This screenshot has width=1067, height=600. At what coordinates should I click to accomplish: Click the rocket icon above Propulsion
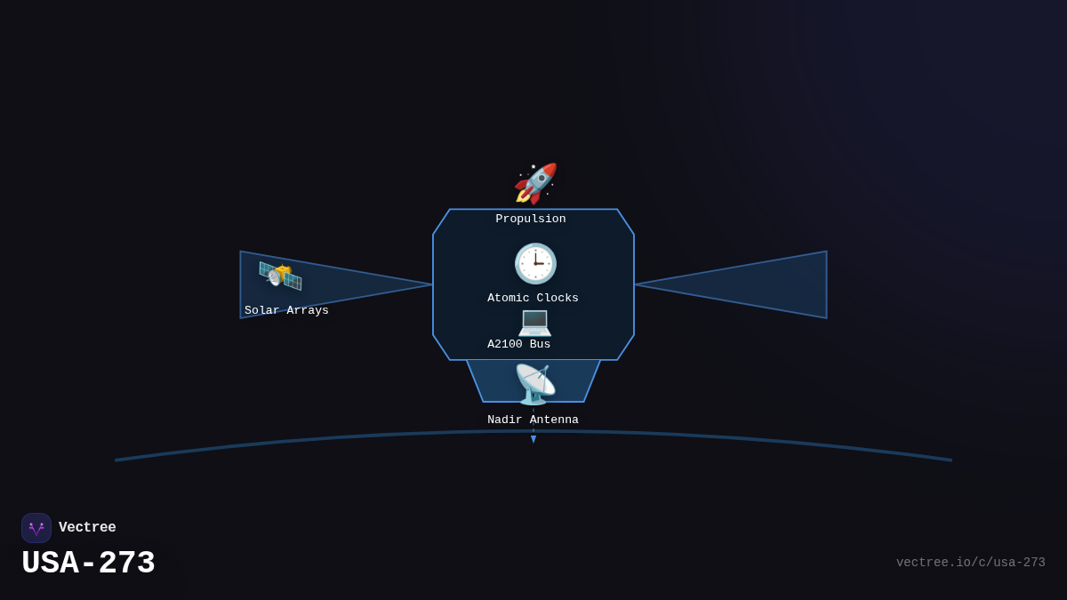pyautogui.click(x=535, y=183)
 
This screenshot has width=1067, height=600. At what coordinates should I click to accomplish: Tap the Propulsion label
pyautogui.click(x=531, y=220)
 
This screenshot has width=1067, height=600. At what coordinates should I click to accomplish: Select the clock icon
pyautogui.click(x=535, y=263)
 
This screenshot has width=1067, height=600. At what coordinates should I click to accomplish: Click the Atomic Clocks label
pyautogui.click(x=533, y=299)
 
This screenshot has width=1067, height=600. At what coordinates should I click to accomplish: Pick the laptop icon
pyautogui.click(x=534, y=321)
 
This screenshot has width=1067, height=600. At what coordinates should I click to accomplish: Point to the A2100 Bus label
pyautogui.click(x=518, y=345)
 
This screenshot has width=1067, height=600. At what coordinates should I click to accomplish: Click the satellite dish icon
pyautogui.click(x=535, y=384)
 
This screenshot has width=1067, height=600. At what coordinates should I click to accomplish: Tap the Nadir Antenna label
pyautogui.click(x=533, y=420)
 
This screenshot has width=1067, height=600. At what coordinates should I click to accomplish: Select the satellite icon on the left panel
pyautogui.click(x=280, y=276)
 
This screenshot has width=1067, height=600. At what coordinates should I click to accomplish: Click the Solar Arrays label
pyautogui.click(x=286, y=311)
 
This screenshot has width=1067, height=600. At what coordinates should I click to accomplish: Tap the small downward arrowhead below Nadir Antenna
pyautogui.click(x=533, y=439)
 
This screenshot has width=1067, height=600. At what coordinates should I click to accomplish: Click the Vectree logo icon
pyautogui.click(x=36, y=528)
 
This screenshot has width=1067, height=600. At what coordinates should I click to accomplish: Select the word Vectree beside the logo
pyautogui.click(x=87, y=528)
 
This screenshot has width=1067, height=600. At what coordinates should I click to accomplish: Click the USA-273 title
pyautogui.click(x=88, y=564)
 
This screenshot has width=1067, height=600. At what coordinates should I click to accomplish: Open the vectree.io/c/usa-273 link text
pyautogui.click(x=970, y=563)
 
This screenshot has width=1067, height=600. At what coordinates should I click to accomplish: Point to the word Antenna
pyautogui.click(x=554, y=420)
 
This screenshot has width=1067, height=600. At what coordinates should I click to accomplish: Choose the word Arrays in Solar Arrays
pyautogui.click(x=308, y=311)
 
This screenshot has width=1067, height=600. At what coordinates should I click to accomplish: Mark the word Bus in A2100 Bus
pyautogui.click(x=540, y=345)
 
